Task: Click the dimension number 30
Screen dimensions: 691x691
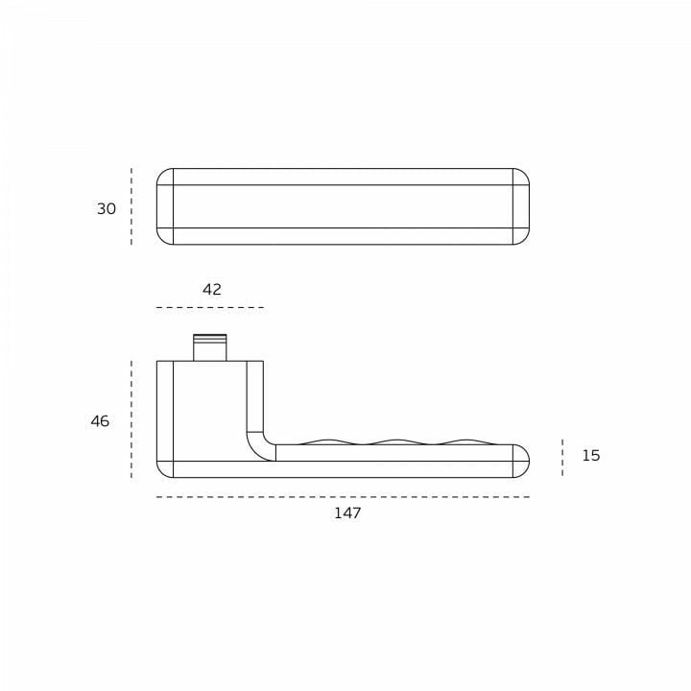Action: tap(107, 209)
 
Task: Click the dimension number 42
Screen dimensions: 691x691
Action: tap(211, 290)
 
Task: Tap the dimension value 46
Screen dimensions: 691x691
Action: tap(100, 421)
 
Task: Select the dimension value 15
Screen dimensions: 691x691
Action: tap(591, 456)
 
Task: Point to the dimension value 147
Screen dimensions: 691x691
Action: tap(347, 512)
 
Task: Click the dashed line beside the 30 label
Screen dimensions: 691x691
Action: tap(131, 206)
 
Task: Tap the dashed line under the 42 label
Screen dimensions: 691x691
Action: tap(210, 308)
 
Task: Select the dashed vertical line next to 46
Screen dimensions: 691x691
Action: tap(131, 419)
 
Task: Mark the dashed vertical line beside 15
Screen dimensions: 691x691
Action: tap(562, 458)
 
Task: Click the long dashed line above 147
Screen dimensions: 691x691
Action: tap(343, 497)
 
